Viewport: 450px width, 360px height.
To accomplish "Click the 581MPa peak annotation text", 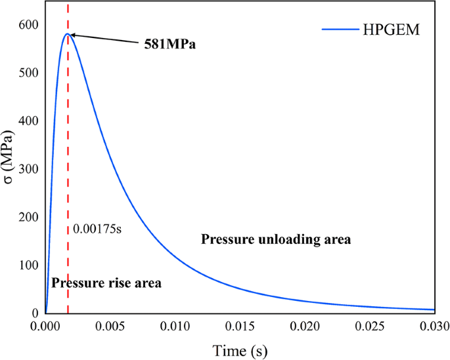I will click(x=171, y=46).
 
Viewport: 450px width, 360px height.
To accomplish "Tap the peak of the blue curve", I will click(x=68, y=33).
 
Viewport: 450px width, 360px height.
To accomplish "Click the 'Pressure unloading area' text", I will click(x=276, y=240).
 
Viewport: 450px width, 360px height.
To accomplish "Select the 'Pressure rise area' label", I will click(x=106, y=283).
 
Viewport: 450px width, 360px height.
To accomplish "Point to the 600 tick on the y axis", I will click(x=29, y=24).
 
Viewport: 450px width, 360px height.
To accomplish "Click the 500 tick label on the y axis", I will click(x=29, y=73).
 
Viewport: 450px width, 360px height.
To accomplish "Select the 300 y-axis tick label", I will click(x=29, y=169).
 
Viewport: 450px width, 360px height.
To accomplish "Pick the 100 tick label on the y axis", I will click(x=29, y=266).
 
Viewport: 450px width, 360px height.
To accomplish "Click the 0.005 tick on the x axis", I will click(x=110, y=326).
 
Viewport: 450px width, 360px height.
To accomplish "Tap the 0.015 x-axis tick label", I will click(x=240, y=326).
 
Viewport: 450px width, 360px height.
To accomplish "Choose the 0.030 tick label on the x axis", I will click(x=434, y=326).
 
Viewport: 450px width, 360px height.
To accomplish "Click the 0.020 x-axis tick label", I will click(x=305, y=326).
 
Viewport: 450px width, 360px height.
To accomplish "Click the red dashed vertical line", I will click(x=68, y=164).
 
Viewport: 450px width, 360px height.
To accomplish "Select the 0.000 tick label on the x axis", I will click(x=45, y=326).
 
